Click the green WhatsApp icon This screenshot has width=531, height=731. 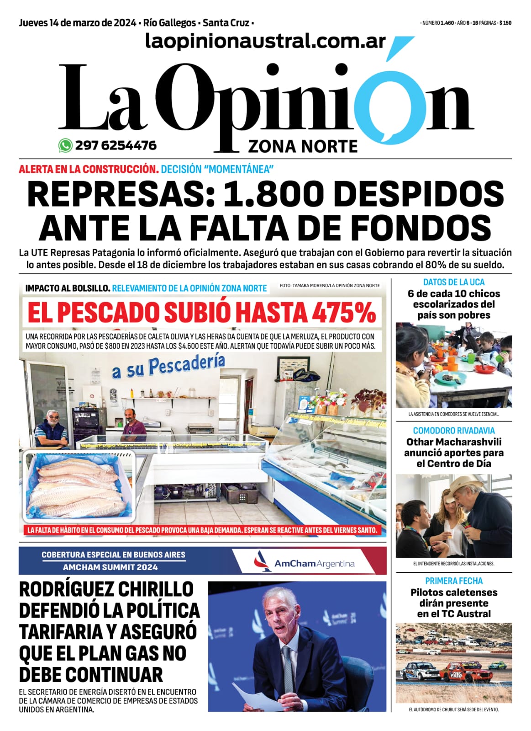[x=65, y=145]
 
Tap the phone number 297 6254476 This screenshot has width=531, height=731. [x=116, y=145]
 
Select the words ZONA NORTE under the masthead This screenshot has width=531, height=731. [x=303, y=146]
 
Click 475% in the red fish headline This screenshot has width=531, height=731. [x=344, y=313]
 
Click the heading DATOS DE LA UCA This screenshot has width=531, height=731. [x=453, y=282]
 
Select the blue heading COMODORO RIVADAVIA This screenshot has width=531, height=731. [x=453, y=430]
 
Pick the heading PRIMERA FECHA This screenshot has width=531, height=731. [x=453, y=581]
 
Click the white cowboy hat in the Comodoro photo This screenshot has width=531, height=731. [x=468, y=485]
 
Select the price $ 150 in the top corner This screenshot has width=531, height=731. [x=505, y=23]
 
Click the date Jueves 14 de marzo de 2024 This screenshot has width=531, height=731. [x=77, y=23]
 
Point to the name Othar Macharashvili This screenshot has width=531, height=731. [x=453, y=442]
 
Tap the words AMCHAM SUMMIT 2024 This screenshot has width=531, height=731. [x=110, y=567]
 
